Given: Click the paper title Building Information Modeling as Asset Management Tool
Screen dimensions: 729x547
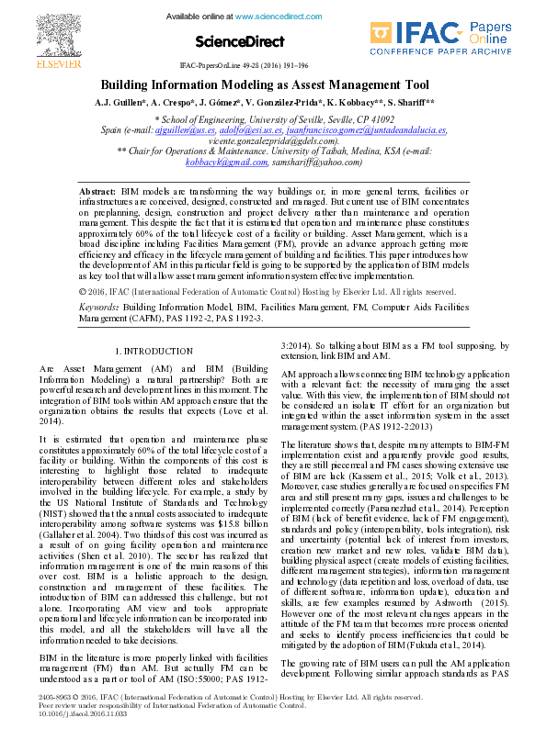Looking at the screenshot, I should coord(272,83).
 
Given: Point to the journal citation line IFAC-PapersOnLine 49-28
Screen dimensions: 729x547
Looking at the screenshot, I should coord(272,67).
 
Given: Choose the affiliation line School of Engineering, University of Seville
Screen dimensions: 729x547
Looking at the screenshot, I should coord(274,119).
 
